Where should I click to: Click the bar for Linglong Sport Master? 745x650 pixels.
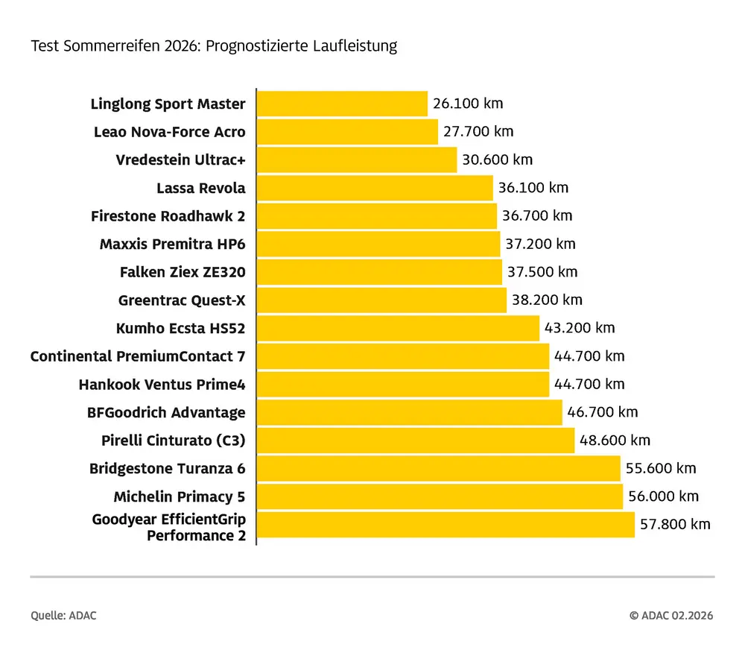coord(342,104)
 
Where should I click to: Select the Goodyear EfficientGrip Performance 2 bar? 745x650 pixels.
coord(446,524)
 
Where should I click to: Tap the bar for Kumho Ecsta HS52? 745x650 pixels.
coord(398,328)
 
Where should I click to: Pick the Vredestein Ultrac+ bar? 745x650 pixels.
coord(356,160)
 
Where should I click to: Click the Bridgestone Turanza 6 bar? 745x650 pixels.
coord(438,468)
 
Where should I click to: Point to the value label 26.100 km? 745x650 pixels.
coord(468,104)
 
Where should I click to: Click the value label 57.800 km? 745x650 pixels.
coord(675,524)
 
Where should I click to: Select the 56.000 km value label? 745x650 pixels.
coord(663,496)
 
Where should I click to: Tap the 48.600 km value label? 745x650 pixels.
coord(615,441)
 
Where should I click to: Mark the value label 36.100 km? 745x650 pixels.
coord(533,188)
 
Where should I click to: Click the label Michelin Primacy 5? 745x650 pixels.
coord(180,496)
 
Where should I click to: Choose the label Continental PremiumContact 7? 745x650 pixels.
coord(138,356)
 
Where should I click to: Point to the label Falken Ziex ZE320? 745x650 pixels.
coord(183,272)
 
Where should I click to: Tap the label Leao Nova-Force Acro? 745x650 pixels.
coord(169,132)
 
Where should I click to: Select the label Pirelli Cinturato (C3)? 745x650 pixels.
coord(173,441)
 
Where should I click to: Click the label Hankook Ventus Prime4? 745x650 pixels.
coord(162,385)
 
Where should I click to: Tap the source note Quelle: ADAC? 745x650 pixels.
coord(63,616)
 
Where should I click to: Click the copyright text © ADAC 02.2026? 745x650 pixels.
coord(671,616)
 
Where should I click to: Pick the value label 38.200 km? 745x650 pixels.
coord(547,300)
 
